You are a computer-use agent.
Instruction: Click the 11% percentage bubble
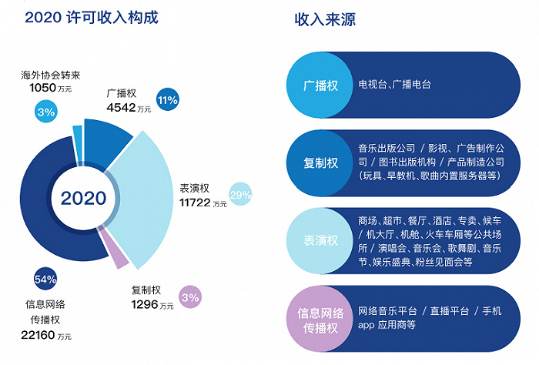[x=168, y=99]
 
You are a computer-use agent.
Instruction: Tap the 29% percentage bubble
[x=240, y=194]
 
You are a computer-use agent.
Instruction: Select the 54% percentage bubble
[x=45, y=279]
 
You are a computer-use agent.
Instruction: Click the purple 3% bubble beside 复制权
[x=190, y=297]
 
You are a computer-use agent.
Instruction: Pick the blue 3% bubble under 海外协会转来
[x=45, y=112]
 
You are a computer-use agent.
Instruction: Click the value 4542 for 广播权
[x=121, y=108]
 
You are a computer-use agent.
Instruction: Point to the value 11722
[x=195, y=203]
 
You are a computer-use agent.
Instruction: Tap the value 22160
[x=38, y=335]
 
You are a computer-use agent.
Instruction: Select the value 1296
[x=145, y=304]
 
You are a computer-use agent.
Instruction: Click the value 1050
[x=42, y=88]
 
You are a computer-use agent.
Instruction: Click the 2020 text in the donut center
[x=83, y=199]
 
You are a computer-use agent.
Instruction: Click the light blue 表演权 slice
[x=145, y=199]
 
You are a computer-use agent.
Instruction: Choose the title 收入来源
[x=325, y=19]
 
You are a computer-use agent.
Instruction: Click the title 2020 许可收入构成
[x=92, y=17]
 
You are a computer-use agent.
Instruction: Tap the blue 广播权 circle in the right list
[x=320, y=85]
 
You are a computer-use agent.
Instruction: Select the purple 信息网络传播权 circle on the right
[x=320, y=319]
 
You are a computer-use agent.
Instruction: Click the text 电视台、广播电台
[x=394, y=84]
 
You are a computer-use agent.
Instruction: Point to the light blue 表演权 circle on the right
[x=320, y=240]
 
